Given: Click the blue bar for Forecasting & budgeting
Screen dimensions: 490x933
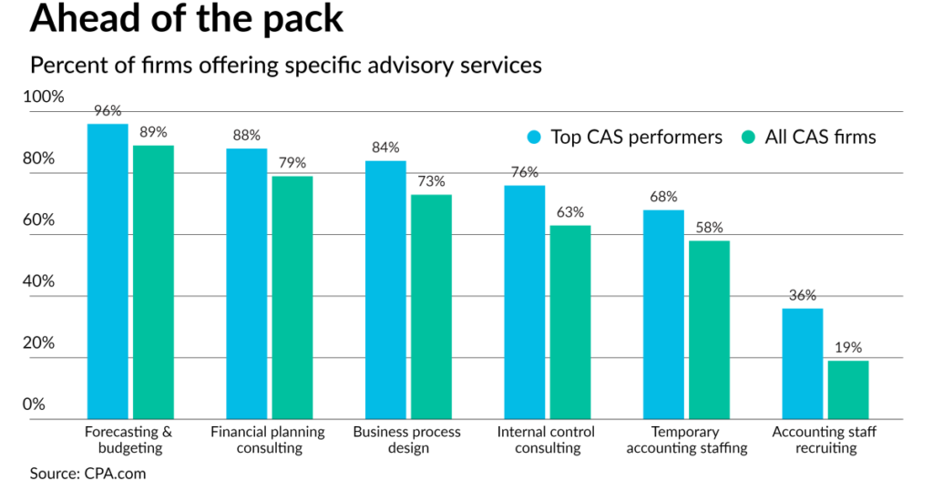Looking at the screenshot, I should pyautogui.click(x=108, y=271).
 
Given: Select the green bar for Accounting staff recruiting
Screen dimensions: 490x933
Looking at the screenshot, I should pyautogui.click(x=848, y=389).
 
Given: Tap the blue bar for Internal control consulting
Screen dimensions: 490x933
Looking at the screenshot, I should pyautogui.click(x=525, y=301).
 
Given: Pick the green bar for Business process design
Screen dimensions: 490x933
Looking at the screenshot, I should pyautogui.click(x=431, y=306).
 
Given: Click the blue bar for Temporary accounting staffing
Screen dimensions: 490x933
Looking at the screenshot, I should pyautogui.click(x=663, y=314).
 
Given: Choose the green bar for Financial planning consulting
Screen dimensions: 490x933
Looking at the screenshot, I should pyautogui.click(x=292, y=297).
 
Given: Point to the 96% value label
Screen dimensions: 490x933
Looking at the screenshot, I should pyautogui.click(x=108, y=111).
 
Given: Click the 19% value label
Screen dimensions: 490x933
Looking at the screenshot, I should pyautogui.click(x=848, y=348).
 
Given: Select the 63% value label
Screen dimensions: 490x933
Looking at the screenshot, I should pyautogui.click(x=570, y=212).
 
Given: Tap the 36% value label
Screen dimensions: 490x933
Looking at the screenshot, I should pyautogui.click(x=802, y=295).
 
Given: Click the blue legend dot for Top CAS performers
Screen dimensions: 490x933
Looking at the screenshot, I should pyautogui.click(x=535, y=138).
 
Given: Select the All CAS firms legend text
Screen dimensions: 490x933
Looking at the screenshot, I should pyautogui.click(x=821, y=138).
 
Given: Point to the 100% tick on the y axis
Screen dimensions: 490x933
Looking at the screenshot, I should pyautogui.click(x=45, y=97).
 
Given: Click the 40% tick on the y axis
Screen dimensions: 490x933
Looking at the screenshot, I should pyautogui.click(x=39, y=281).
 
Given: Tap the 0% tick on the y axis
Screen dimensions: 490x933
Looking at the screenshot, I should pyautogui.click(x=34, y=404).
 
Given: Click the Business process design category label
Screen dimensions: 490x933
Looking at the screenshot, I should pyautogui.click(x=407, y=440).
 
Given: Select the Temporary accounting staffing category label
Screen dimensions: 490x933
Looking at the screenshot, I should pyautogui.click(x=686, y=440).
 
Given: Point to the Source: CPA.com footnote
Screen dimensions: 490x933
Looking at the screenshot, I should pyautogui.click(x=87, y=474).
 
